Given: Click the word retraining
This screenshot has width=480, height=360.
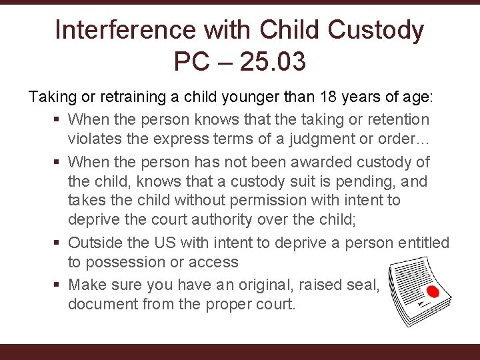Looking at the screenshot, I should (132, 97).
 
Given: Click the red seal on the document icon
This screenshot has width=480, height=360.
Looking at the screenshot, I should (432, 292).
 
